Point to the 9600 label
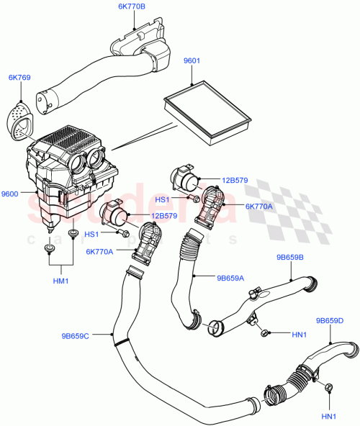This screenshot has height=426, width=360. [11, 193]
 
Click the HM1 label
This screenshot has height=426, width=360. [60, 281]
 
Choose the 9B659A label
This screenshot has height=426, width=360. [231, 276]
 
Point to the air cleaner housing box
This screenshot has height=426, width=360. [68, 173]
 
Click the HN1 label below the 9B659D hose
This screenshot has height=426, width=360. [328, 417]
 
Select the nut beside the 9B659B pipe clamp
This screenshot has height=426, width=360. [264, 332]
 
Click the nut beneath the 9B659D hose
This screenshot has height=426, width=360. [328, 389]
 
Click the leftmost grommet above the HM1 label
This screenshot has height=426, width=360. [50, 248]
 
